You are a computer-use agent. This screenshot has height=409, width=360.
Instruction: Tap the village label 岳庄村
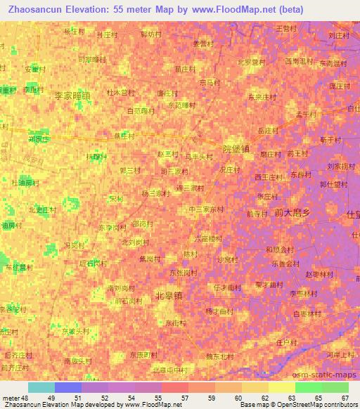point(269,131)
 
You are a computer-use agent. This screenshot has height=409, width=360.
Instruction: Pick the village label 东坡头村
point(75,330)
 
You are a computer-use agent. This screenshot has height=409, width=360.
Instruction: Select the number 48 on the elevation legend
point(23,398)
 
